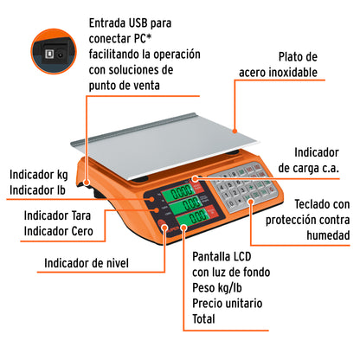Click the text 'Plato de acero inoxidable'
305,64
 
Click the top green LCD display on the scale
183,191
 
